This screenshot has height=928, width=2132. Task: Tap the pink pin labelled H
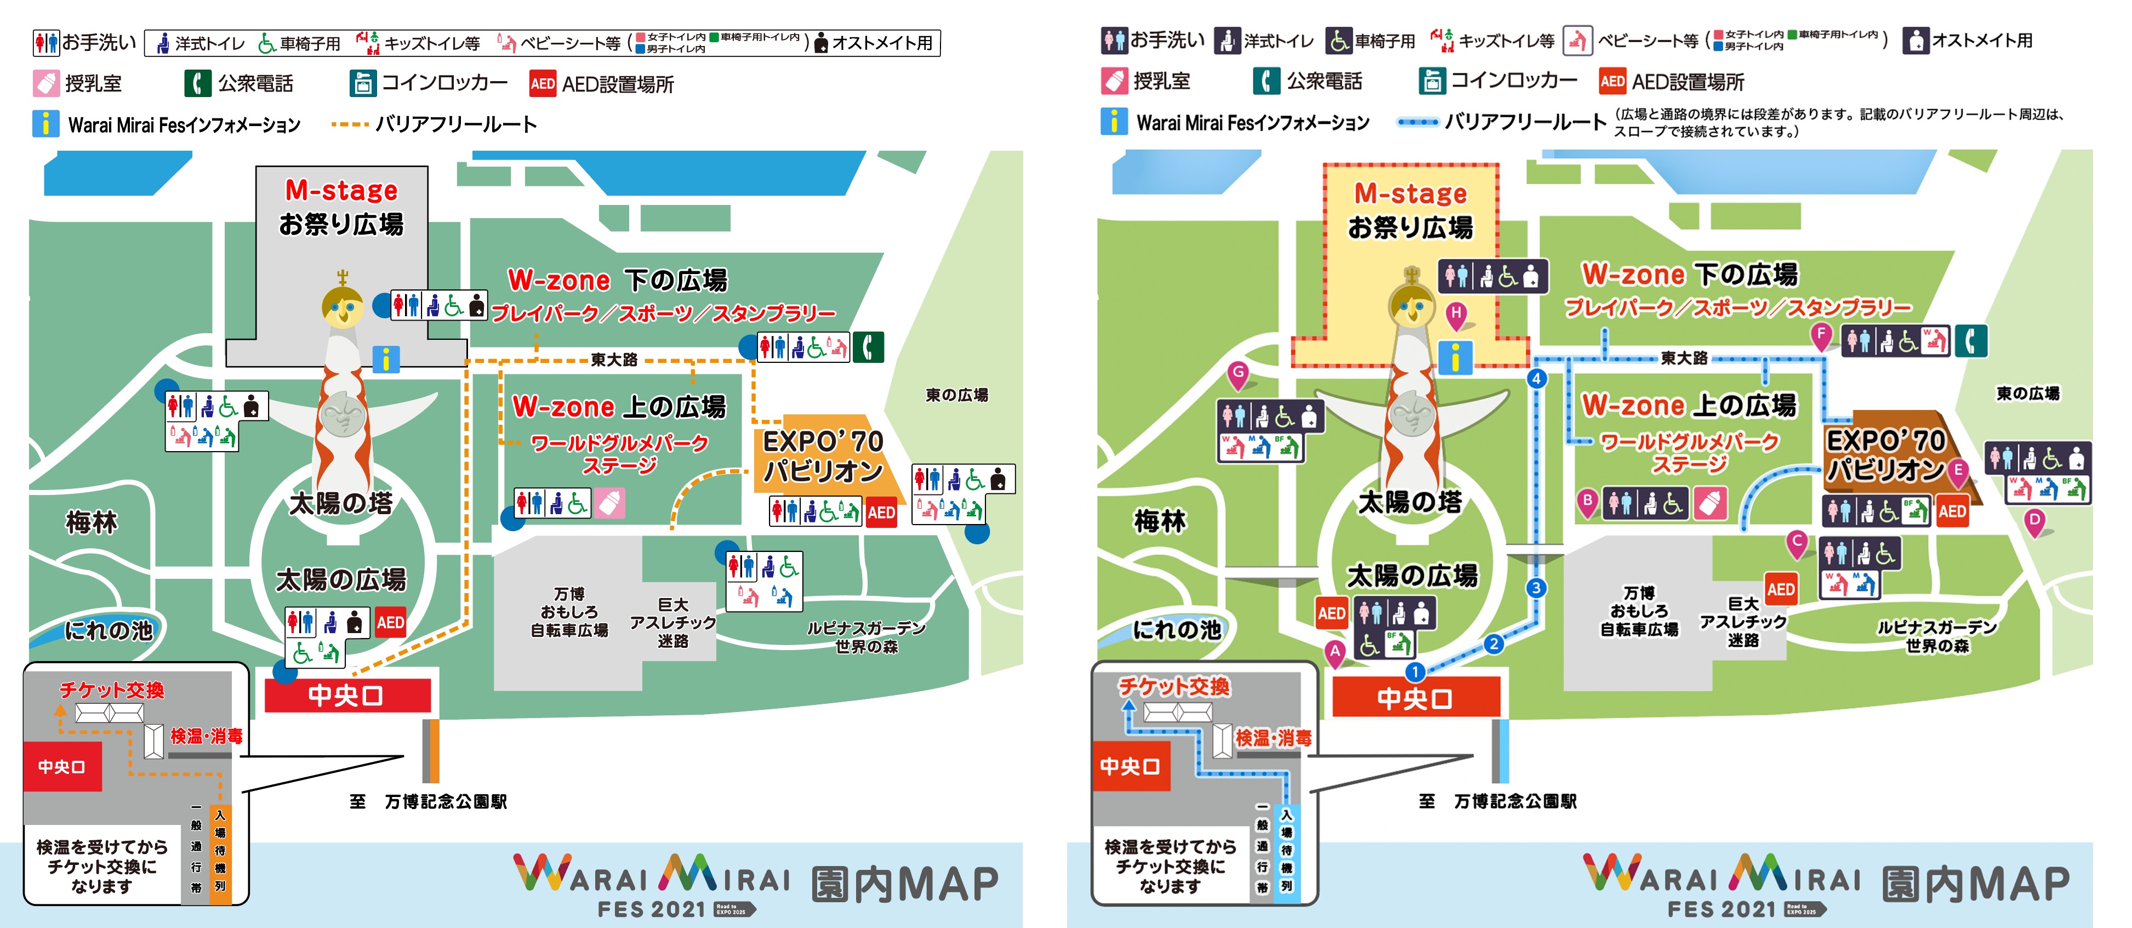pyautogui.click(x=1456, y=314)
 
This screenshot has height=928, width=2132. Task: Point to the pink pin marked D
pyautogui.click(x=2034, y=521)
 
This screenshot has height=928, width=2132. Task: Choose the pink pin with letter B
pyautogui.click(x=1587, y=500)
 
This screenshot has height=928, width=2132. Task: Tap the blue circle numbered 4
pyautogui.click(x=1537, y=378)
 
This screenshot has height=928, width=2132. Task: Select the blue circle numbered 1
pyautogui.click(x=1415, y=671)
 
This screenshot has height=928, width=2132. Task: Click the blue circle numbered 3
pyautogui.click(x=1536, y=588)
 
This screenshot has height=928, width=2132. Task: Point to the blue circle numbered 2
pyautogui.click(x=1494, y=643)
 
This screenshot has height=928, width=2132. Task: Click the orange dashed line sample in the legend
pyautogui.click(x=349, y=124)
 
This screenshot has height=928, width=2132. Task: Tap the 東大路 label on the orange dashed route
pyautogui.click(x=614, y=359)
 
